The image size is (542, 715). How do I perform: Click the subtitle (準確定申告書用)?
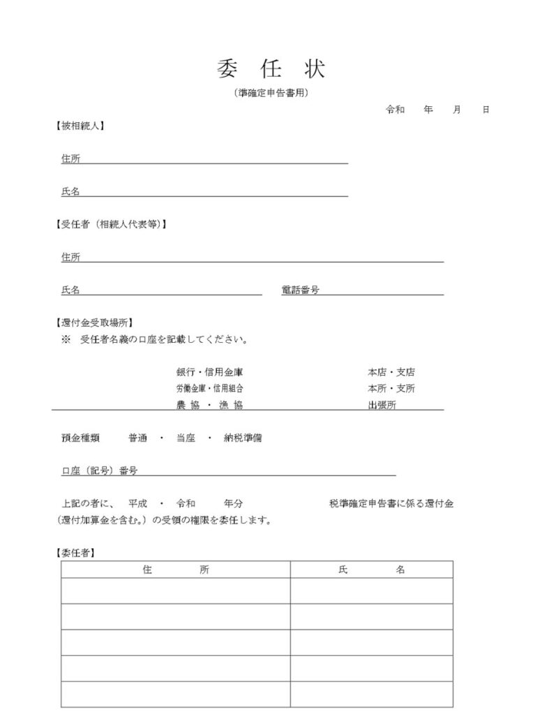point(271,92)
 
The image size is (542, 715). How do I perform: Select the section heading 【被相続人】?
point(80,126)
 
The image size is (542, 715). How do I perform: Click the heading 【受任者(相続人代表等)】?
point(110,224)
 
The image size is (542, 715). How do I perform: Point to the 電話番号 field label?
point(300,290)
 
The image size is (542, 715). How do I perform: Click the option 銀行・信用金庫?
point(209,372)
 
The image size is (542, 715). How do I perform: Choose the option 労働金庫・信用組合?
point(209,388)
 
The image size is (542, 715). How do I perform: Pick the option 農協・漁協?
point(209,405)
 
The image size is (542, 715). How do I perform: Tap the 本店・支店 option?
point(391,372)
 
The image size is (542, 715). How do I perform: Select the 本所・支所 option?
point(391,388)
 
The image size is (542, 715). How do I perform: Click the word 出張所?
point(382,405)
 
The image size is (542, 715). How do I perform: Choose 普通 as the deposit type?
point(137,438)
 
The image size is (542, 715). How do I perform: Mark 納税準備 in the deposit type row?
point(243,438)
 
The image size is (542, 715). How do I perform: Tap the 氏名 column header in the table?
point(371,570)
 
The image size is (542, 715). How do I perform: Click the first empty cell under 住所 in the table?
point(175,591)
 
